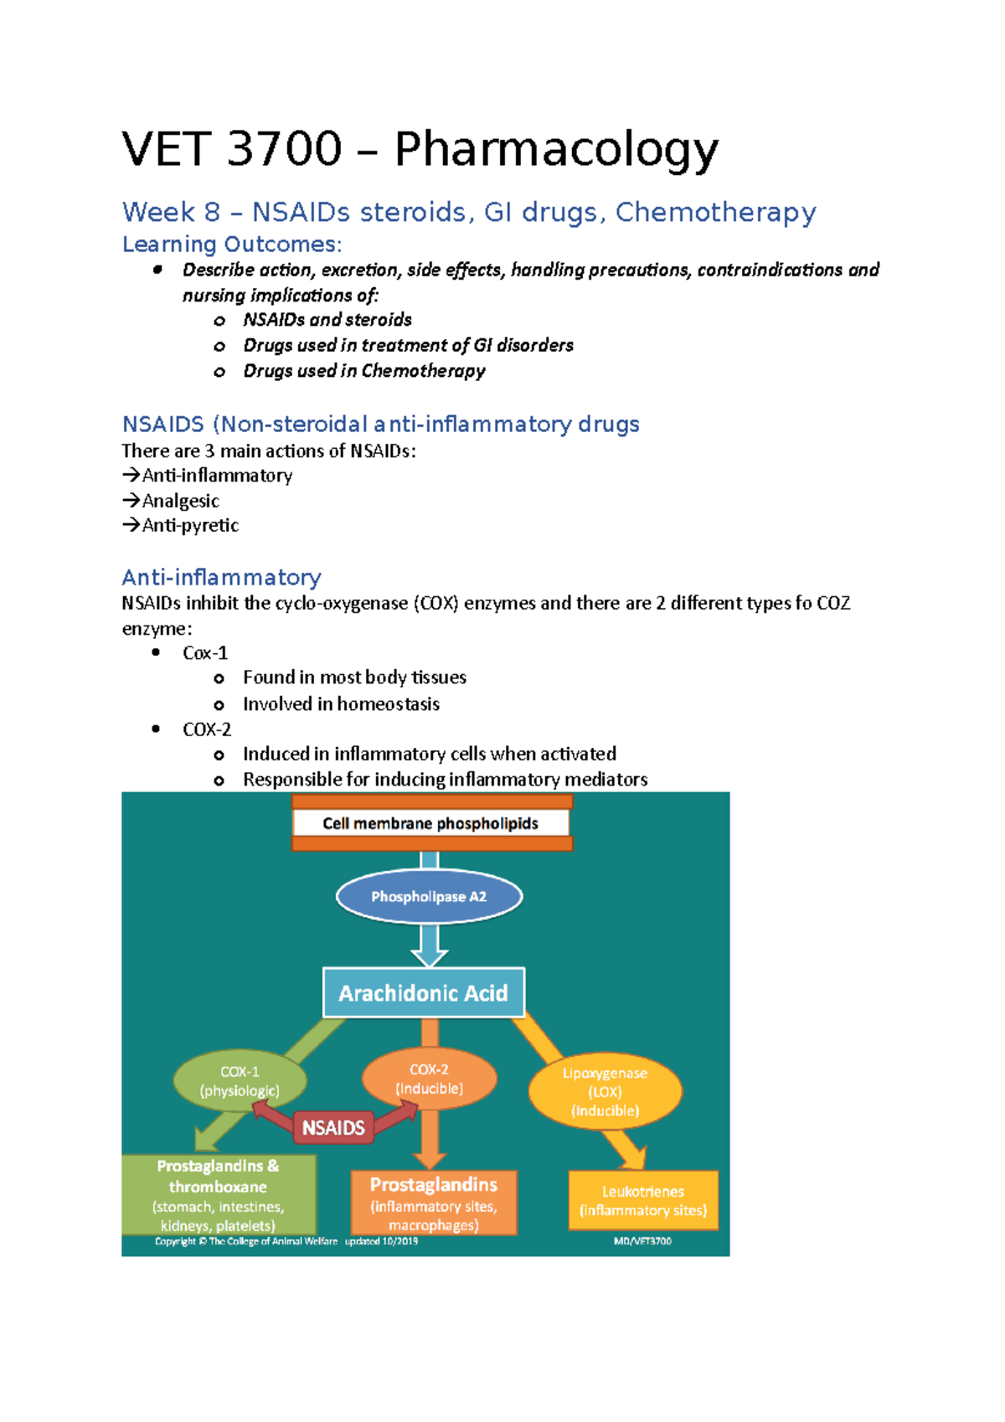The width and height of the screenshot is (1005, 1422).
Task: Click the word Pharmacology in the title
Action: tap(556, 151)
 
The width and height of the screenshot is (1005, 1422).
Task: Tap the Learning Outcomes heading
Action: tap(232, 245)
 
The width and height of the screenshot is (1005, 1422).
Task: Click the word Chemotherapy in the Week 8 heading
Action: tap(715, 213)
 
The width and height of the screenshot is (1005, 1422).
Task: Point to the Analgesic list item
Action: tap(180, 501)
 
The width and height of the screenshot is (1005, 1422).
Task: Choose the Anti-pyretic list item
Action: tap(190, 525)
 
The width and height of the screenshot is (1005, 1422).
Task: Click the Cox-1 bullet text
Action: tap(205, 653)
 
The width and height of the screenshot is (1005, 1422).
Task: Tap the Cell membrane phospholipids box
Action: tap(430, 823)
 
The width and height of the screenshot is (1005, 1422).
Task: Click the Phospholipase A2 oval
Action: tap(429, 897)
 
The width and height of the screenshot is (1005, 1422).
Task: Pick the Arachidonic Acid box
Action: tap(423, 993)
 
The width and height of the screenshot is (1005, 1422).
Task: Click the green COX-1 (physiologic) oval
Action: tap(240, 1081)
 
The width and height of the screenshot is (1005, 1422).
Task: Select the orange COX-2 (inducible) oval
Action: tap(429, 1079)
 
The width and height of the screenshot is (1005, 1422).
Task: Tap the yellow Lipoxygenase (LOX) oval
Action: tap(605, 1091)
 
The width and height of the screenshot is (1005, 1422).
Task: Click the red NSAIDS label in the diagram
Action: tap(333, 1128)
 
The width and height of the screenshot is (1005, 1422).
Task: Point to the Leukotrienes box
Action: tap(643, 1200)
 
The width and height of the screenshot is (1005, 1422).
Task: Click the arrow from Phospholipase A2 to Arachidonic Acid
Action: tap(429, 947)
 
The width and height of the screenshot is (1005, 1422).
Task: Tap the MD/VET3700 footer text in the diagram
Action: tap(642, 1241)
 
